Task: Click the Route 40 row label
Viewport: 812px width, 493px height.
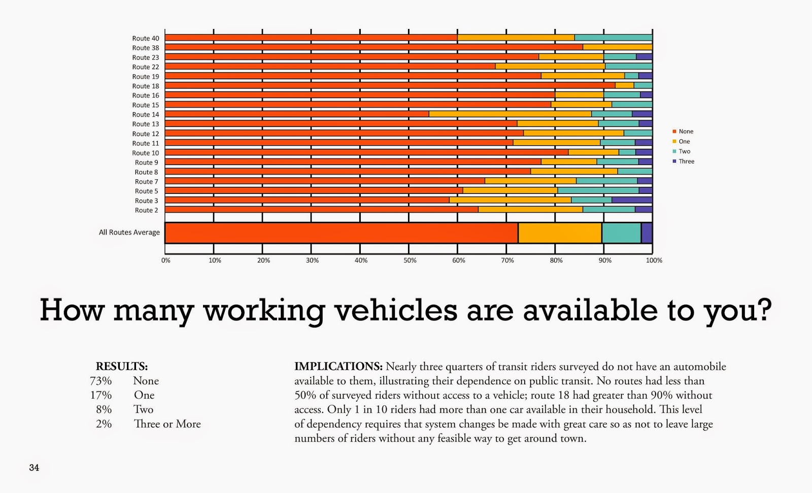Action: pyautogui.click(x=145, y=38)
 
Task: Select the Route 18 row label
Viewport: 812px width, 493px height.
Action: pyautogui.click(x=145, y=86)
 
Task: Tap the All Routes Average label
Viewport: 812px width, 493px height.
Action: pyautogui.click(x=129, y=232)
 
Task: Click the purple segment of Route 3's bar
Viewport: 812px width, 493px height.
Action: pyautogui.click(x=632, y=200)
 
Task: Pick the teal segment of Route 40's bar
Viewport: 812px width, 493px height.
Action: pyautogui.click(x=614, y=38)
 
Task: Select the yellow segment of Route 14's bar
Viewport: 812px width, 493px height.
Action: pyautogui.click(x=511, y=114)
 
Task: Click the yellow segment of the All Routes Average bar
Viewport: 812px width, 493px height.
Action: pyautogui.click(x=560, y=233)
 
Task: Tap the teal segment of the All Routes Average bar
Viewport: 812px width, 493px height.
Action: pyautogui.click(x=622, y=233)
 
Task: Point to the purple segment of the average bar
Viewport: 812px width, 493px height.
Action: pyautogui.click(x=647, y=233)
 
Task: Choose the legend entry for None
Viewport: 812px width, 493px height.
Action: pyautogui.click(x=683, y=132)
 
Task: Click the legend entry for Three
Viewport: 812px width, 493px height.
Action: pyautogui.click(x=683, y=161)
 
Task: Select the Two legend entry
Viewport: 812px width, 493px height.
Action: pyautogui.click(x=682, y=151)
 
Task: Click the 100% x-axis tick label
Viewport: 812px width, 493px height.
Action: pyautogui.click(x=654, y=260)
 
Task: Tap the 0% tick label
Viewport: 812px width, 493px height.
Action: pyautogui.click(x=165, y=260)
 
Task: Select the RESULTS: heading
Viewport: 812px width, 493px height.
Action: pyautogui.click(x=122, y=367)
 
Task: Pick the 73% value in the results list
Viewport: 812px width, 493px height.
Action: pyautogui.click(x=101, y=381)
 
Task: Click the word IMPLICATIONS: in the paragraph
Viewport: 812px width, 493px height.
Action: pyautogui.click(x=338, y=367)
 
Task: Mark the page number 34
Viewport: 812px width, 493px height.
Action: pyautogui.click(x=34, y=468)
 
